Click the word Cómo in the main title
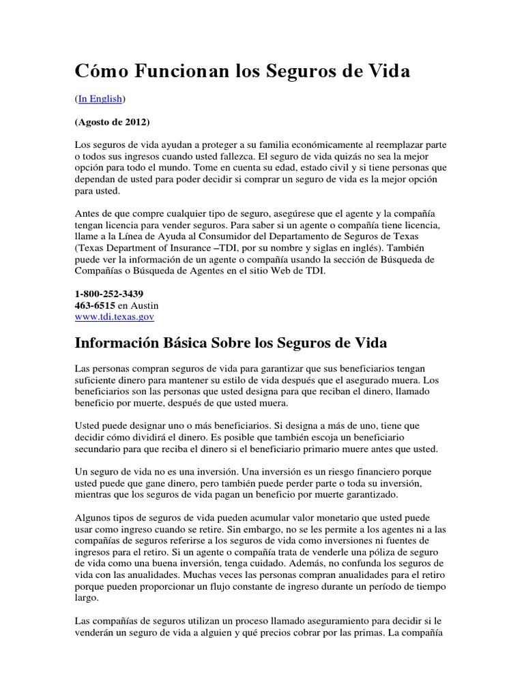(x=100, y=71)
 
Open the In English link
(x=100, y=99)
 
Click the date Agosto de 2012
(x=112, y=122)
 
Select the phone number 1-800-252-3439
(x=109, y=293)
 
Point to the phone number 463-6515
(x=95, y=305)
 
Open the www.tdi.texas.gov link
(x=115, y=317)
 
